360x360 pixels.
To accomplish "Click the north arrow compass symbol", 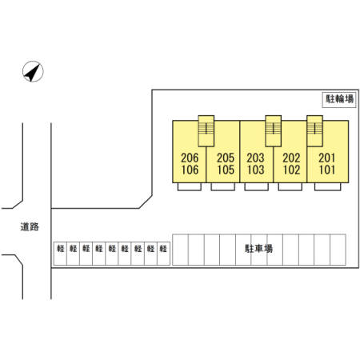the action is [x=33, y=71].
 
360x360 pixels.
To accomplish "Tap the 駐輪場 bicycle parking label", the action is [x=339, y=99].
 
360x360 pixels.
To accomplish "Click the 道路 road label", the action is [x=30, y=226].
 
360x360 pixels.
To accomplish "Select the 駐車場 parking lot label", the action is [x=258, y=249].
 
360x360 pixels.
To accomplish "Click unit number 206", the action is [x=190, y=158].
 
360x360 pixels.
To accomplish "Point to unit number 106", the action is [x=190, y=170].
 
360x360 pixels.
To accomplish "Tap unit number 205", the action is [x=226, y=158].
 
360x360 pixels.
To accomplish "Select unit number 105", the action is [x=226, y=170].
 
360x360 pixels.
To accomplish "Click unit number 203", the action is [x=255, y=158].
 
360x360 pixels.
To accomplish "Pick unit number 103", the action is [x=255, y=170].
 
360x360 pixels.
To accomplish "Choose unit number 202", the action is [x=291, y=158].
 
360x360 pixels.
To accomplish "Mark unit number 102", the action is [x=291, y=170].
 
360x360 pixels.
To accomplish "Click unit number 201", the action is [x=326, y=158].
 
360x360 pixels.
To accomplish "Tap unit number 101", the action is [x=326, y=170].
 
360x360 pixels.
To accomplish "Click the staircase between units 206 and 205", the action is [x=206, y=131].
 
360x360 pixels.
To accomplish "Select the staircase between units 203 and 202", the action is [x=274, y=131].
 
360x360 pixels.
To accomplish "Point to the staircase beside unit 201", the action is [x=315, y=131].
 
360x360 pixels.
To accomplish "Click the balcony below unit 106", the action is [x=190, y=186].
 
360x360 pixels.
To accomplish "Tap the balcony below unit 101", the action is [x=327, y=186].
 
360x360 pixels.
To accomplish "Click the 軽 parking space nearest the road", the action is [x=60, y=254].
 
